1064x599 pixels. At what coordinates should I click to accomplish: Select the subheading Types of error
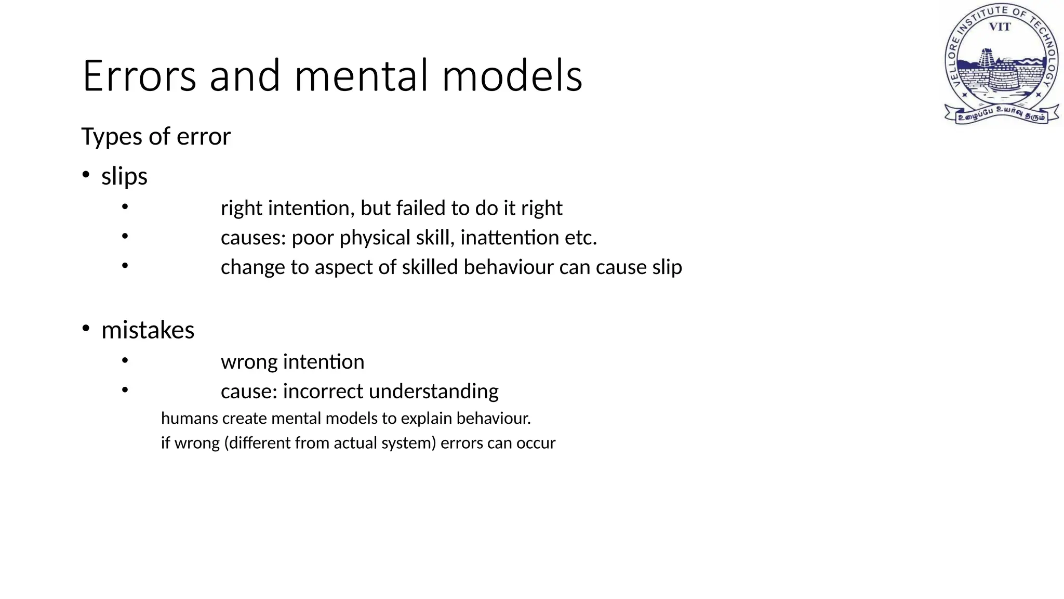tap(156, 137)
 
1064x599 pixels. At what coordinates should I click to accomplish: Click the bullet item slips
tap(124, 176)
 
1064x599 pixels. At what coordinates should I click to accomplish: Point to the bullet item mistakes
tap(148, 330)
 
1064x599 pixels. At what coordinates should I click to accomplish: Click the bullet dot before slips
tap(86, 175)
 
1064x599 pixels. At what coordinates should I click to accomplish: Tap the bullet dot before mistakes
tap(86, 329)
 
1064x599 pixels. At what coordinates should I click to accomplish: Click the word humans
tap(189, 419)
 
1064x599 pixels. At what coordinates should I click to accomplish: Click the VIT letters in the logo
tap(1000, 27)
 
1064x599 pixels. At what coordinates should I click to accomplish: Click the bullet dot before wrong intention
tap(125, 360)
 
